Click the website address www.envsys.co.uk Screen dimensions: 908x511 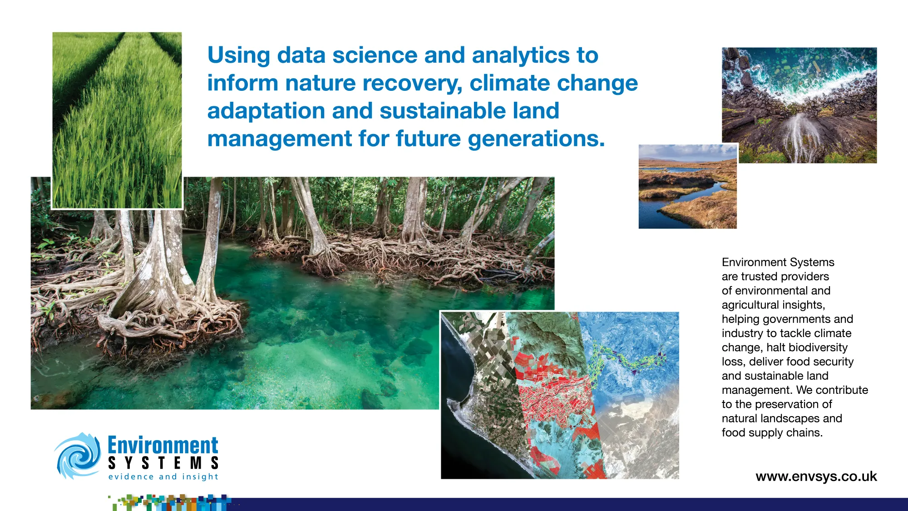click(x=816, y=476)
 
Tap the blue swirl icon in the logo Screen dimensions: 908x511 click(x=78, y=456)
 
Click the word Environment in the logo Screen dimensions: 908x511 click(x=163, y=445)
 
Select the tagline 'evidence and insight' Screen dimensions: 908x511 click(x=163, y=476)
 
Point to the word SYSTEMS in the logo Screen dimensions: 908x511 click(x=163, y=463)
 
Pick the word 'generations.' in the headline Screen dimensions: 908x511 click(x=536, y=139)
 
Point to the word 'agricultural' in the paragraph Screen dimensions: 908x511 click(x=750, y=305)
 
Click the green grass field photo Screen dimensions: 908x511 click(x=117, y=120)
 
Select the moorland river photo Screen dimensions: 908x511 click(x=687, y=187)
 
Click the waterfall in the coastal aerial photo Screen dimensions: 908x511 click(x=798, y=134)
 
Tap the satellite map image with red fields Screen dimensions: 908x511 click(x=560, y=395)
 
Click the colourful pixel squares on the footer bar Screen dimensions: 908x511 click(x=170, y=502)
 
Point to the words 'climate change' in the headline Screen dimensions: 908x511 click(x=553, y=83)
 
